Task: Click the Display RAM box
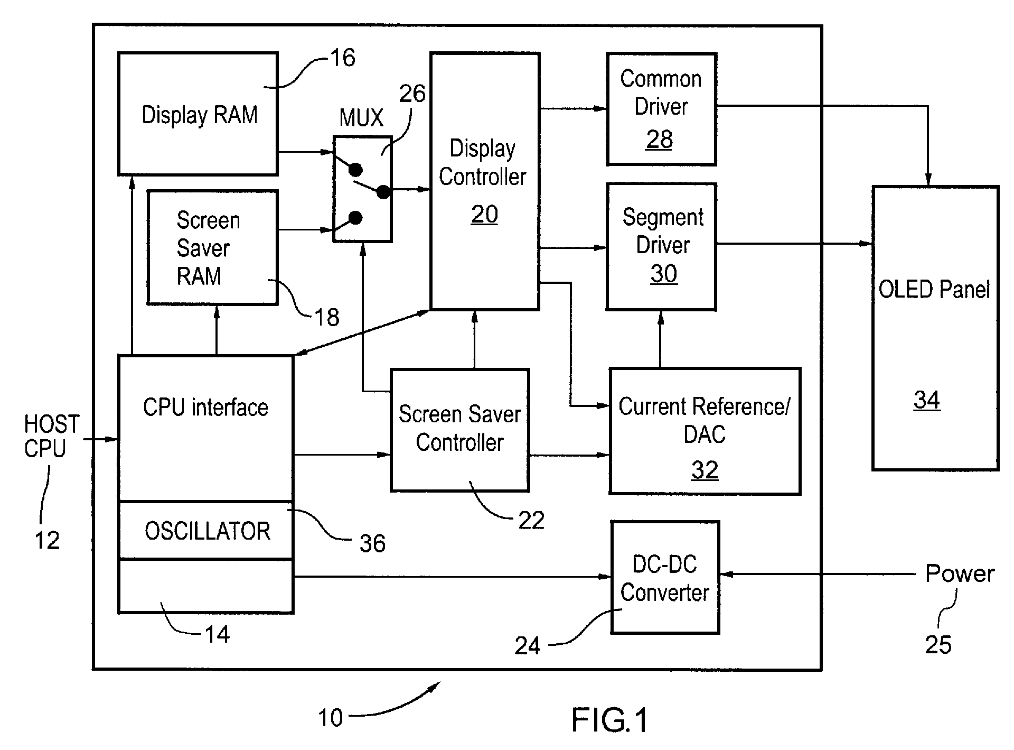pos(198,114)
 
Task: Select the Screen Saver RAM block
pos(213,247)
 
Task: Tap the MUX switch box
pos(362,189)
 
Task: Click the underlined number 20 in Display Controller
pos(484,215)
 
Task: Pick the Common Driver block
pos(661,109)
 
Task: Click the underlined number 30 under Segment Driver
pos(664,274)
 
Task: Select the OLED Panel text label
pos(934,290)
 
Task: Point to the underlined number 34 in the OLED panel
pos(927,400)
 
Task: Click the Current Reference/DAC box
pos(705,431)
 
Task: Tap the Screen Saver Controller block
pos(460,430)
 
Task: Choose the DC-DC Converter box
pos(665,577)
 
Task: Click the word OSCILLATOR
pos(208,531)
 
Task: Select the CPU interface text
pos(206,408)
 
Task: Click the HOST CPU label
pos(52,436)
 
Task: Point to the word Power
pos(960,574)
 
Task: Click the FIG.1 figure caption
pos(609,720)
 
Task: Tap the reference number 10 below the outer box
pos(331,718)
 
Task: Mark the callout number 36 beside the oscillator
pos(373,543)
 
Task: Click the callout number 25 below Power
pos(938,644)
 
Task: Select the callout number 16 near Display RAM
pos(343,58)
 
